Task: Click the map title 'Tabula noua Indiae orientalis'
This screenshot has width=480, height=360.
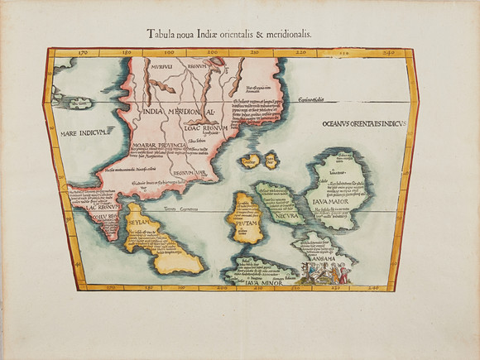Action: click(240, 34)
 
